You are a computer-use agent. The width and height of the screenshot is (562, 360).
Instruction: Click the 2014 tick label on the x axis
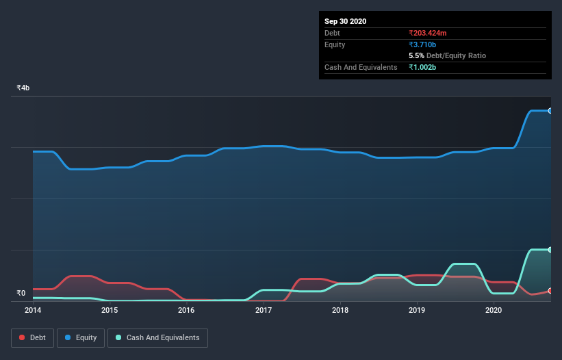33,310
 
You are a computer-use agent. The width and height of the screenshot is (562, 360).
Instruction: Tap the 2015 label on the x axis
110,310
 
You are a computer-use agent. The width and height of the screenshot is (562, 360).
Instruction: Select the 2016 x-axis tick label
186,310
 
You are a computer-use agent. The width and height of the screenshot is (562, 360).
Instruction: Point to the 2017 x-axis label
264,310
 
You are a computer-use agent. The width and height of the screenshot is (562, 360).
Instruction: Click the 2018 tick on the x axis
340,310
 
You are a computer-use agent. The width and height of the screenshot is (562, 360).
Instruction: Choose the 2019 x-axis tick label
417,310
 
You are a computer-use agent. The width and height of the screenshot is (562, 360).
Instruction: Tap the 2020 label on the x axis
494,310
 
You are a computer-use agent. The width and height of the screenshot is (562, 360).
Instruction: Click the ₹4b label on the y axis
23,88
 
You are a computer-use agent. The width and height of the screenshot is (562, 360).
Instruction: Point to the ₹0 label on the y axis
21,294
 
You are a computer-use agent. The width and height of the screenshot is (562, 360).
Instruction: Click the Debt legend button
33,337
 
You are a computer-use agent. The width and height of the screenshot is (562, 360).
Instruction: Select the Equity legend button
81,337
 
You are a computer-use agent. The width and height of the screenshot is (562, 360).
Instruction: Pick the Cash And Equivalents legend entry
157,337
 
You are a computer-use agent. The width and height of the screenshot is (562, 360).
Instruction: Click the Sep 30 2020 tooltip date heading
346,21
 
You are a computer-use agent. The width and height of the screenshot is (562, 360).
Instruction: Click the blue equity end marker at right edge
550,111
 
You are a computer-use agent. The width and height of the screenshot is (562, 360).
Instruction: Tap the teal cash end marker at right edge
550,250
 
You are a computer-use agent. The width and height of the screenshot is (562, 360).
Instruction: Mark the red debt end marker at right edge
550,291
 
